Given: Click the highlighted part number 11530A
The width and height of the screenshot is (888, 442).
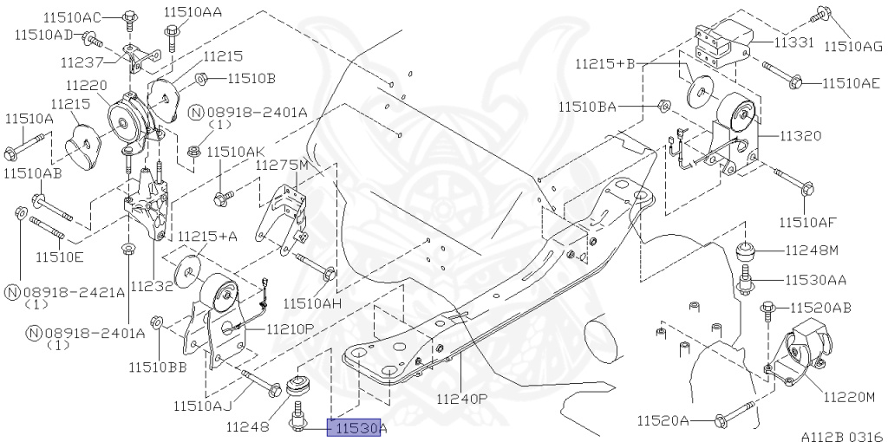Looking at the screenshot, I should (x=356, y=427).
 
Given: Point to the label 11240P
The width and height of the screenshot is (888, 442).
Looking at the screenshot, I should (x=463, y=400).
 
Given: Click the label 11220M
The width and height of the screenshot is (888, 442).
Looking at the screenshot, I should (x=850, y=398).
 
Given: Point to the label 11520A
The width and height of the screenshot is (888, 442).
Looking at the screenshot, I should (x=663, y=421).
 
